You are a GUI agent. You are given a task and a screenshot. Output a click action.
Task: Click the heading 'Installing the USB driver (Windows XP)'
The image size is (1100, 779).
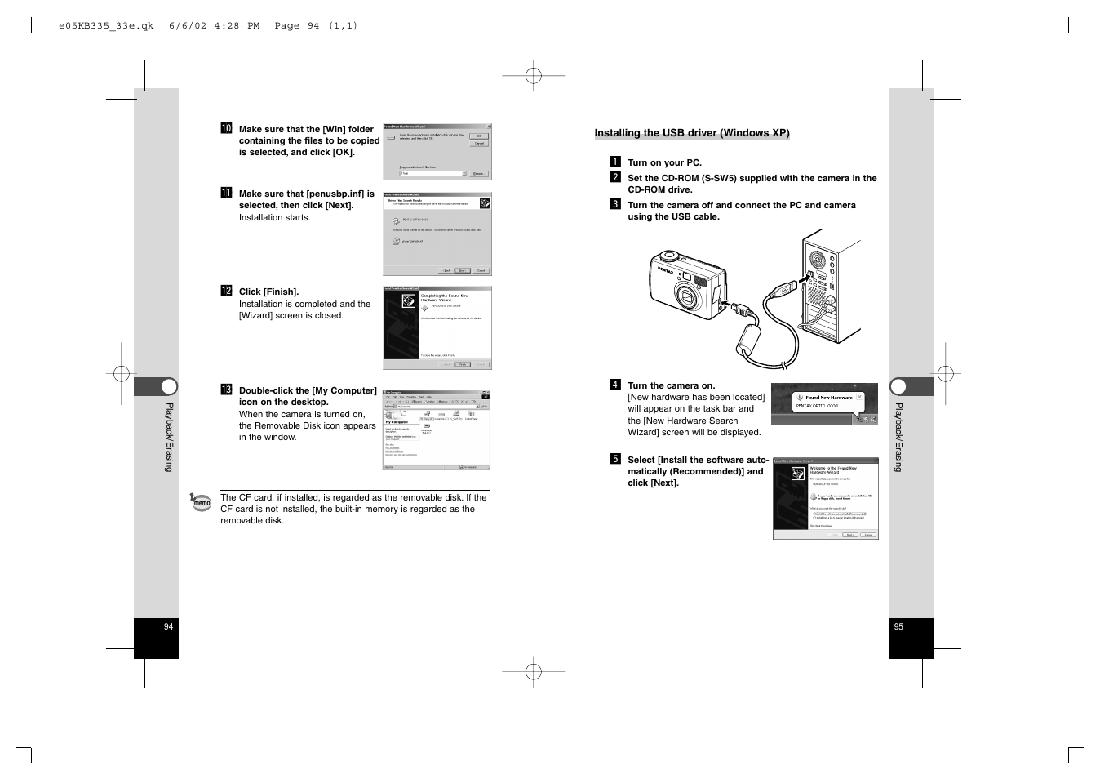[x=691, y=133]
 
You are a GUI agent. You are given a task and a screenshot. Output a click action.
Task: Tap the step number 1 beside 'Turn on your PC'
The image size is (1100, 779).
[x=615, y=162]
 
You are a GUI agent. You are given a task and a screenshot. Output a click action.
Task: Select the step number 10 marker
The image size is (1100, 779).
[x=226, y=128]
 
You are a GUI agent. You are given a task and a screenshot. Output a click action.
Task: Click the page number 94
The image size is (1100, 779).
[x=168, y=626]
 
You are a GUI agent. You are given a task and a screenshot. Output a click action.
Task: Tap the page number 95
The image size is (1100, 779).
[x=898, y=626]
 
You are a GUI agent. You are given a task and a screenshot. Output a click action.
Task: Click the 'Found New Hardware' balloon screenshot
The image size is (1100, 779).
[x=824, y=404]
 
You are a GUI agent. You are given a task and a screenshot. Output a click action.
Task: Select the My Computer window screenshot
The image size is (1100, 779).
[x=437, y=430]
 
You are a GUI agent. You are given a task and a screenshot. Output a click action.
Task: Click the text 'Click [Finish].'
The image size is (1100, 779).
[x=268, y=292]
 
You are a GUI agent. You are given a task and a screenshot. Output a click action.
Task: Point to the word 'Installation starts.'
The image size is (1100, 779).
[x=274, y=217]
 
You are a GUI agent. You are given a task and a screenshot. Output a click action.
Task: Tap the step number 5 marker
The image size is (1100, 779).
[x=615, y=459]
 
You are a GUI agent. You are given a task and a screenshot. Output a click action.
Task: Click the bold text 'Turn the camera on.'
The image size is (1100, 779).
[x=671, y=385]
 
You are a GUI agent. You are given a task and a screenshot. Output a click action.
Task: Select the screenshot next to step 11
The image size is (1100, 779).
[x=437, y=234]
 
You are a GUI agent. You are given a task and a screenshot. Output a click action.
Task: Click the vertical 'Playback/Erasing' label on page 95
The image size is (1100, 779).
[x=898, y=437]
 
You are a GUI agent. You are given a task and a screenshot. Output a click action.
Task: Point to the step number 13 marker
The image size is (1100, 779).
[x=226, y=389]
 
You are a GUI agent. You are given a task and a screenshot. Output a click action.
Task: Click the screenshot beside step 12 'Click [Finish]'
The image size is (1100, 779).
[x=437, y=327]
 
